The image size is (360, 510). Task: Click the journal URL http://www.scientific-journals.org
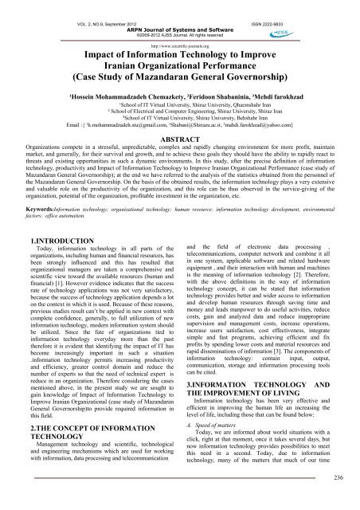tap(179, 34)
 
